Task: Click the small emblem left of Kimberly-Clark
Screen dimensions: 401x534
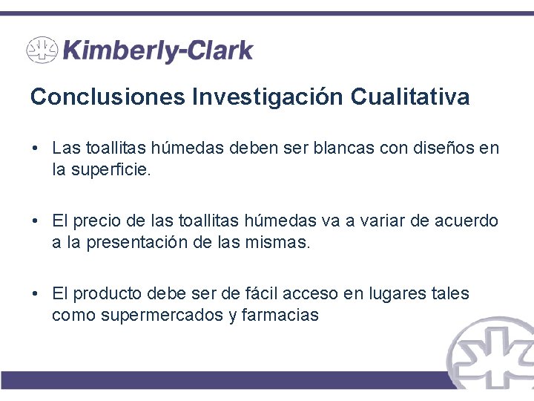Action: [42, 50]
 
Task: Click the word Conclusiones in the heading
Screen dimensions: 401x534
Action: [108, 97]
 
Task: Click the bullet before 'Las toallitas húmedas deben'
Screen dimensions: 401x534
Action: [36, 148]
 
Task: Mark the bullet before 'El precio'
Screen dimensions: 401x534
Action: [36, 221]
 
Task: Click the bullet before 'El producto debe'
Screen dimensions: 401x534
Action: [36, 294]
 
